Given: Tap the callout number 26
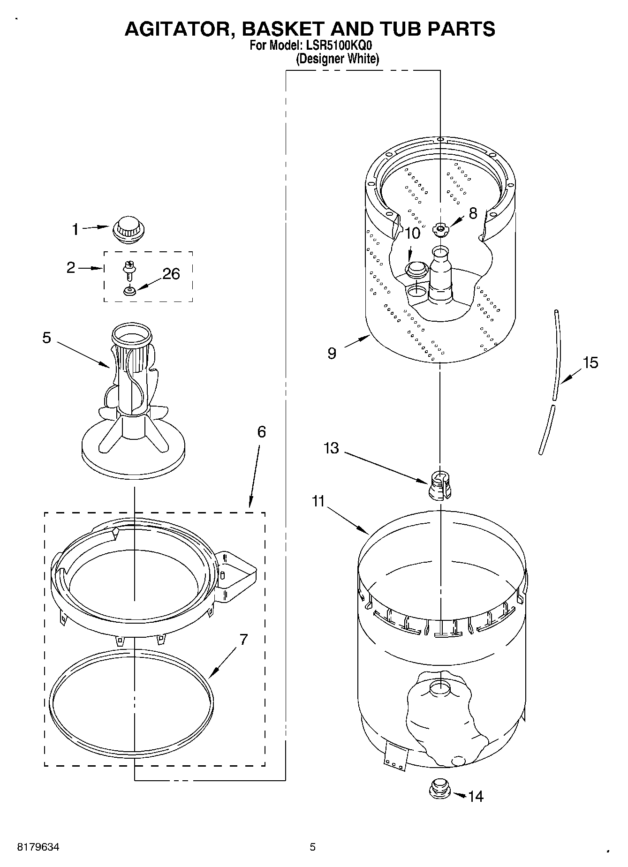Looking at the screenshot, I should [x=171, y=274].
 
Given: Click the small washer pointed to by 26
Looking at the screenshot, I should [x=129, y=291].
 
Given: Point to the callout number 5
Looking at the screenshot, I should [x=46, y=338].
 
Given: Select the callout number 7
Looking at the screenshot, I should [x=243, y=640].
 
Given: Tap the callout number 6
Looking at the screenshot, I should [x=261, y=431].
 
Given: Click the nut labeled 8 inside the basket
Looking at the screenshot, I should [x=440, y=229].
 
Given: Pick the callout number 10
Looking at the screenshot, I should [x=412, y=233].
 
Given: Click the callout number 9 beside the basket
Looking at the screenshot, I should [x=332, y=353].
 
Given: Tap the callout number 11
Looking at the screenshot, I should [x=318, y=501].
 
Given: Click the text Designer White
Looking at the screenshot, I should [x=337, y=59].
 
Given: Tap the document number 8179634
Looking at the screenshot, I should [x=38, y=847].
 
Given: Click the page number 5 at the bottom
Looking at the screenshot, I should [x=312, y=847].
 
